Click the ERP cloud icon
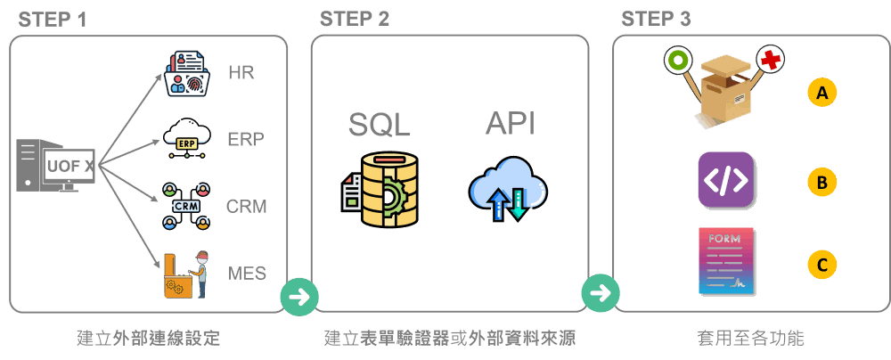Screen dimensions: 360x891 click(187, 138)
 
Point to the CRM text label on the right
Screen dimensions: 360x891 click(246, 207)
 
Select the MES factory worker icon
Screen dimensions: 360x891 click(187, 274)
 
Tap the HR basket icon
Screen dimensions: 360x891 click(186, 73)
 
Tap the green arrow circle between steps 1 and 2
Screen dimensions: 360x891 click(298, 296)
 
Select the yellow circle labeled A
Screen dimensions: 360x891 click(822, 92)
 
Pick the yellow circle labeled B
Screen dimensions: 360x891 click(822, 182)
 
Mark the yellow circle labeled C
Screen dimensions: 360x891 click(822, 264)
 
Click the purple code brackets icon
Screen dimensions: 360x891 click(725, 180)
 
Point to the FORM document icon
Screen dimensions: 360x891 click(725, 261)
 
